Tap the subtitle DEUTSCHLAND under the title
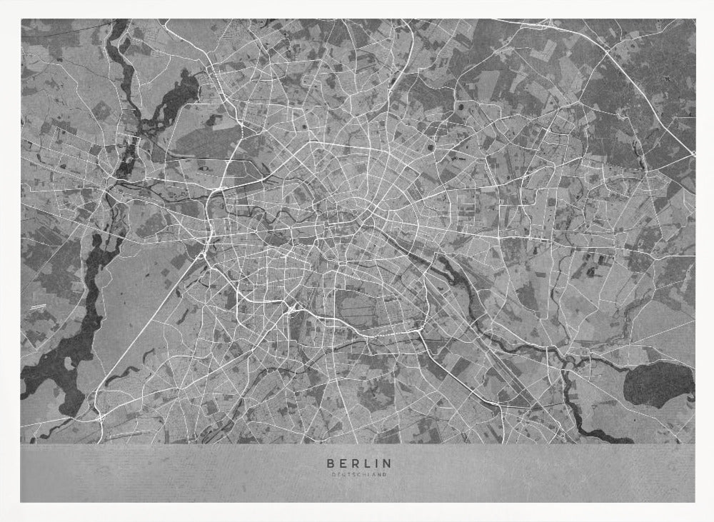(359, 474)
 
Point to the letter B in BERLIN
(329, 463)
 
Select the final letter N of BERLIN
(388, 463)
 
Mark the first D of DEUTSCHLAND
(333, 474)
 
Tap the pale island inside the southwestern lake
(69, 363)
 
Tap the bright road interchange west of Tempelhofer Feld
(293, 308)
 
